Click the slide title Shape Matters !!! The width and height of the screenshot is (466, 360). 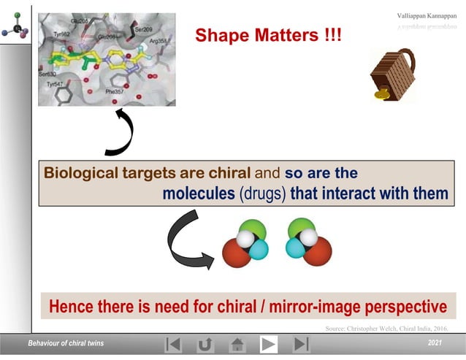pos(268,35)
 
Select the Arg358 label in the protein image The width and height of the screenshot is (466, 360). pos(159,42)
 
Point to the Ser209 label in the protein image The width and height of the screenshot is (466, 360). pos(142,30)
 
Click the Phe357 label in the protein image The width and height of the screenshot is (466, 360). pos(115,93)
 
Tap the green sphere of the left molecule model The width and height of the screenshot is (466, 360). pos(251,229)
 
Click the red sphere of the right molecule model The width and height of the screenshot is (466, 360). pos(318,252)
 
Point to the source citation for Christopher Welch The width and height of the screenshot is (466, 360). pos(386,329)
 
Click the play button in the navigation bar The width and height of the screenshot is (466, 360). pos(269,344)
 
